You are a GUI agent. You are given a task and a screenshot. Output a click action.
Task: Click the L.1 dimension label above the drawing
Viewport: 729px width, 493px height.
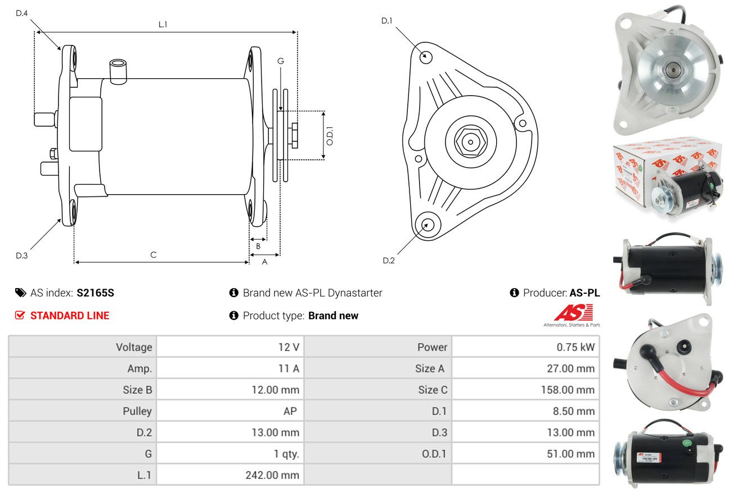163,24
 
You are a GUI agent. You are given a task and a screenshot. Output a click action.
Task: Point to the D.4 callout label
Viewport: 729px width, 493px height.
21,13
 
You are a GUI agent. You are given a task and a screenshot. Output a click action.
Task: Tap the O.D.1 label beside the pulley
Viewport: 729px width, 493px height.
330,136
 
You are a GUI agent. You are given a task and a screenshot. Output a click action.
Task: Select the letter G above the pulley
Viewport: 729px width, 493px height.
281,61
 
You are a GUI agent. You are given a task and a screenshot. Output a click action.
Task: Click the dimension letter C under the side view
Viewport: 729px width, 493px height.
154,254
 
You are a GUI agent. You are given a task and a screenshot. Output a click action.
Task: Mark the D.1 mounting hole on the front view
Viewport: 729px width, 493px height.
426,57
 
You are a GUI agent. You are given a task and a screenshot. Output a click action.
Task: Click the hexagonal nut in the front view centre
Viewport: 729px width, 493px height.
471,142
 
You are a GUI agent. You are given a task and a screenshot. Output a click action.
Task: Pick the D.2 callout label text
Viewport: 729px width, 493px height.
389,261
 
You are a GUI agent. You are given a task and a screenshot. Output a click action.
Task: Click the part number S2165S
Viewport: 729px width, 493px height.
96,293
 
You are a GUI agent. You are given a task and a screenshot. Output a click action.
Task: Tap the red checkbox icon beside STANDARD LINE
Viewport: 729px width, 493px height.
20,315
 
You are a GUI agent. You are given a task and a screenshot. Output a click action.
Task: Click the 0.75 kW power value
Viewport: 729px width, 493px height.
575,347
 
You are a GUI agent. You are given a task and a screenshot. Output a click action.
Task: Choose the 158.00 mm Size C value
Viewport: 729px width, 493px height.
568,390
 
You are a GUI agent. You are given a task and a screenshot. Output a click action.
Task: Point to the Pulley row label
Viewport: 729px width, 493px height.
137,411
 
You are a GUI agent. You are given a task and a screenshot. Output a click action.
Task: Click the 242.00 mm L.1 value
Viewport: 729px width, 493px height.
272,475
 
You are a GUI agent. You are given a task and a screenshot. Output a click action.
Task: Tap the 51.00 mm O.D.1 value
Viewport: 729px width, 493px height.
570,454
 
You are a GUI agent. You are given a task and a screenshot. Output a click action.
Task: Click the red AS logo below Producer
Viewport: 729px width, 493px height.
573,312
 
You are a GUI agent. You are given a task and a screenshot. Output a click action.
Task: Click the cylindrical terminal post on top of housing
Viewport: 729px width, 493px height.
118,71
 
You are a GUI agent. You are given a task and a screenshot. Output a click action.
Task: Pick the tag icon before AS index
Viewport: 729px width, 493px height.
20,293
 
